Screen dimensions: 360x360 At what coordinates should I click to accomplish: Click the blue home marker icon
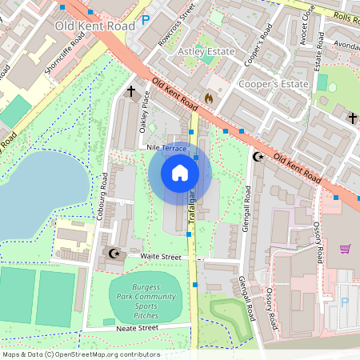point(180,172)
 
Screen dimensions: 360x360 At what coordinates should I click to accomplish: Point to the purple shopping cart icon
point(345,249)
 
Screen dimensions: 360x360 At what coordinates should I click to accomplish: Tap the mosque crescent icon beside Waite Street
point(114,254)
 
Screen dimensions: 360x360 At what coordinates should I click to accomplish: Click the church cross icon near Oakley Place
point(130,93)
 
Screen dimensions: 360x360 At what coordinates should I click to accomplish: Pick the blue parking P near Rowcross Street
point(145,20)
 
